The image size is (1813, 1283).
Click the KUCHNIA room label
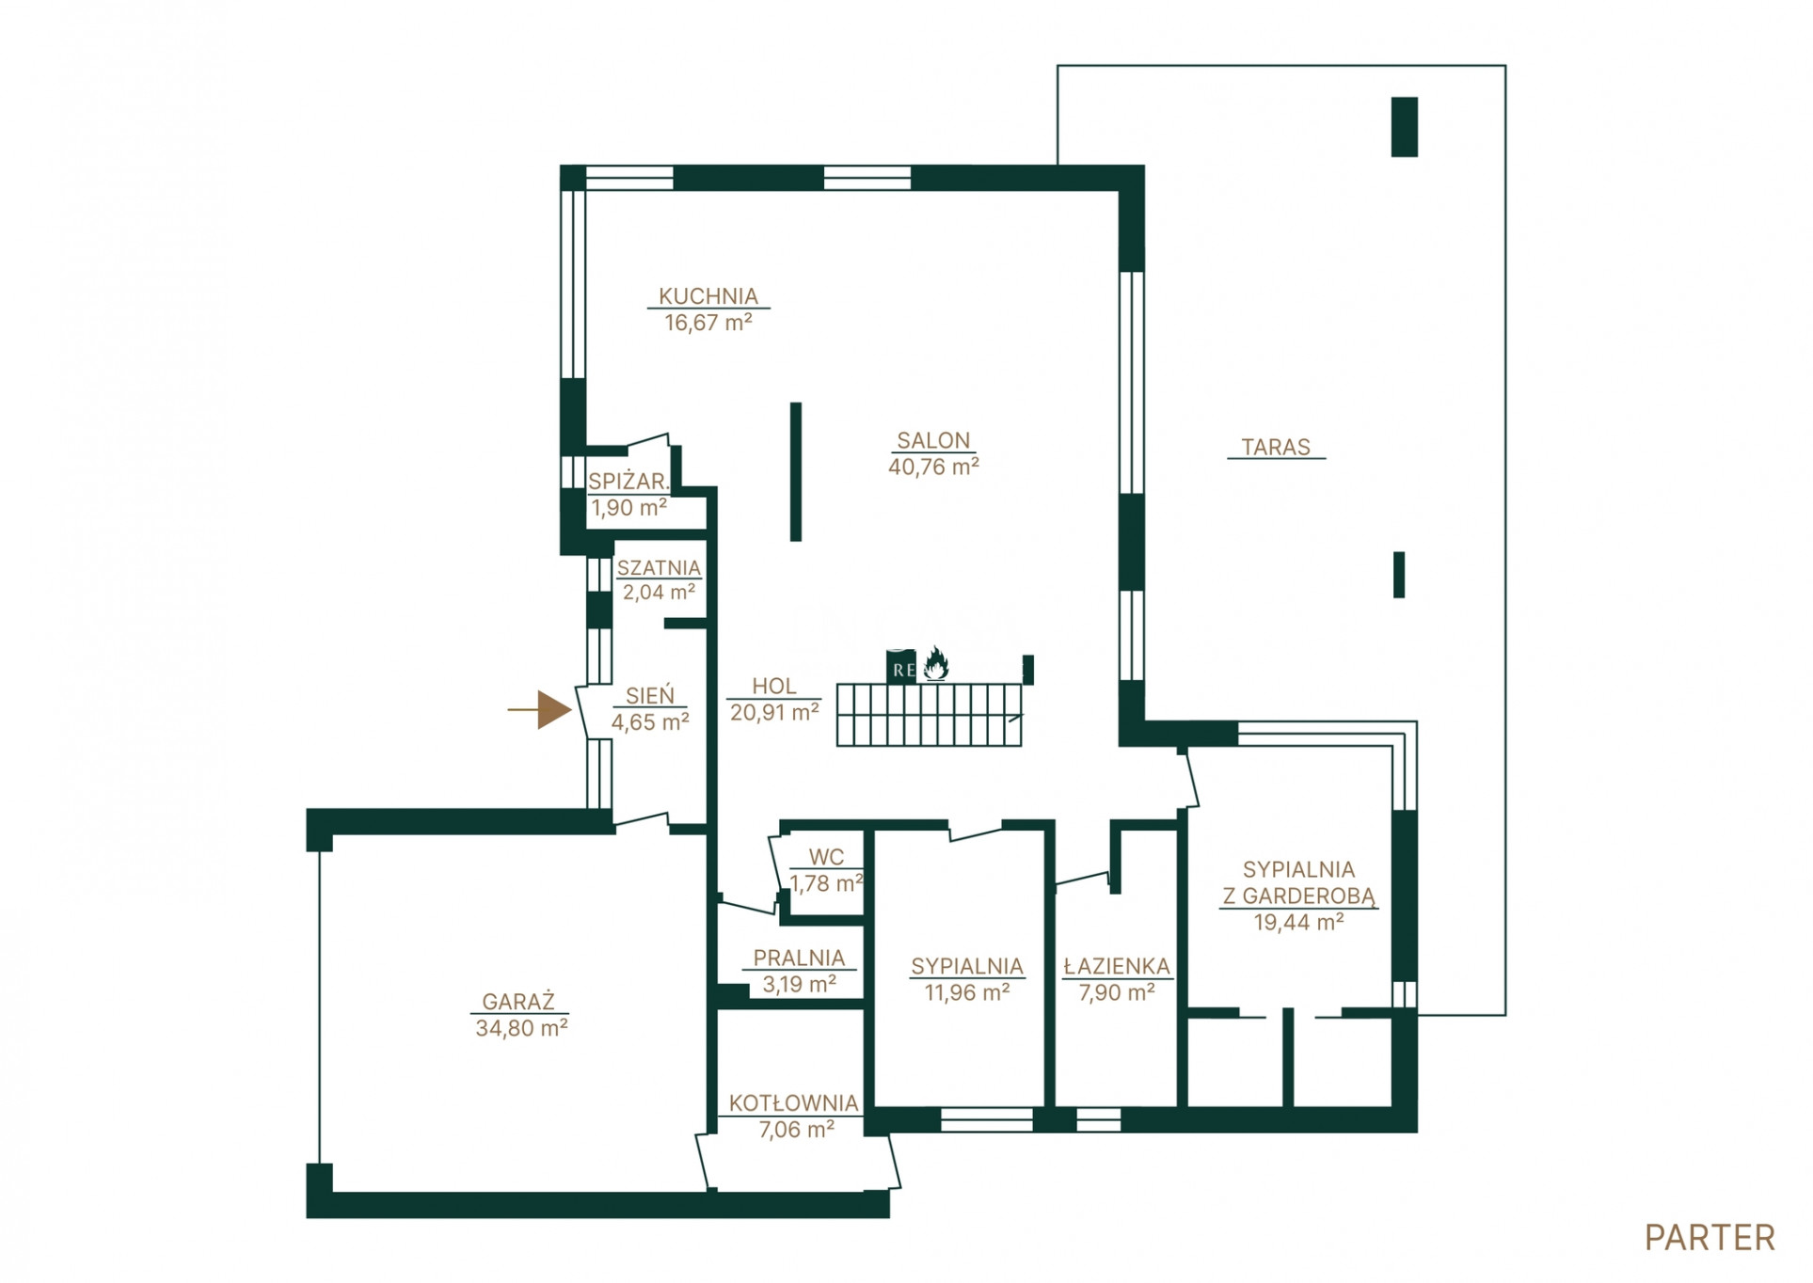point(708,296)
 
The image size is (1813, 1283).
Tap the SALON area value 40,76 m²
point(933,467)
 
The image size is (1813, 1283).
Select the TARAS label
point(1275,447)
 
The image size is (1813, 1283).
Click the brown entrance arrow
point(540,709)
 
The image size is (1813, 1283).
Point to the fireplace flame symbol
point(934,664)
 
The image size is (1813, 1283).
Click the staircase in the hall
point(929,715)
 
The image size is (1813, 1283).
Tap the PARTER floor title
point(1709,1238)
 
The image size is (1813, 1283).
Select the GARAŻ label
point(518,1002)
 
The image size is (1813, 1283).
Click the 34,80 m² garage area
point(521,1028)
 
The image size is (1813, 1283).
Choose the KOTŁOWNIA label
point(793,1102)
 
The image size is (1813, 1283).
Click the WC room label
point(826,857)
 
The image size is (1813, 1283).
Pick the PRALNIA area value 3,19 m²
point(799,984)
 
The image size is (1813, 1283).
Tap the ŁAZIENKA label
point(1117,966)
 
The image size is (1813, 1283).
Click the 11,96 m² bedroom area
point(966,992)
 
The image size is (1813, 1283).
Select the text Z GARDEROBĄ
point(1298,895)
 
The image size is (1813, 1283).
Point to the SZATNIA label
point(659,568)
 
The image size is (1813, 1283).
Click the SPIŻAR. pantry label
point(628,482)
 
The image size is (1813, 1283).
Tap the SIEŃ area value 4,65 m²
point(650,722)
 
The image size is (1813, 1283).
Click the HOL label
point(773,687)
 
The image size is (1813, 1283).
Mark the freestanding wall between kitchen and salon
point(795,471)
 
